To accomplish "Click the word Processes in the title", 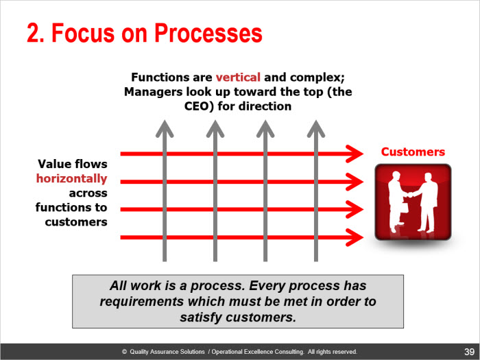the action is point(208,33).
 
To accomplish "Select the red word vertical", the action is point(238,77).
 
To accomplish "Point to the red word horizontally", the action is point(71,178).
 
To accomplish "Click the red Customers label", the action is point(413,152).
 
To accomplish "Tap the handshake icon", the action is point(413,202).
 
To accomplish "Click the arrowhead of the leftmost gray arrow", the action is point(165,129).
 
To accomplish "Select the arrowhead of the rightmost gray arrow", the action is point(316,129).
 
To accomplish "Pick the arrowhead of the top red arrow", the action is point(355,154).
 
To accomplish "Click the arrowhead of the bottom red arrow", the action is point(355,237).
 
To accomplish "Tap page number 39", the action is point(469,351).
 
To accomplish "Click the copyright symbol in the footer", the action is point(124,352).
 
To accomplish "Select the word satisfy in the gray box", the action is point(201,317).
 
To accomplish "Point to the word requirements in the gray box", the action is point(142,302).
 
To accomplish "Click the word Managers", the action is point(153,92).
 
